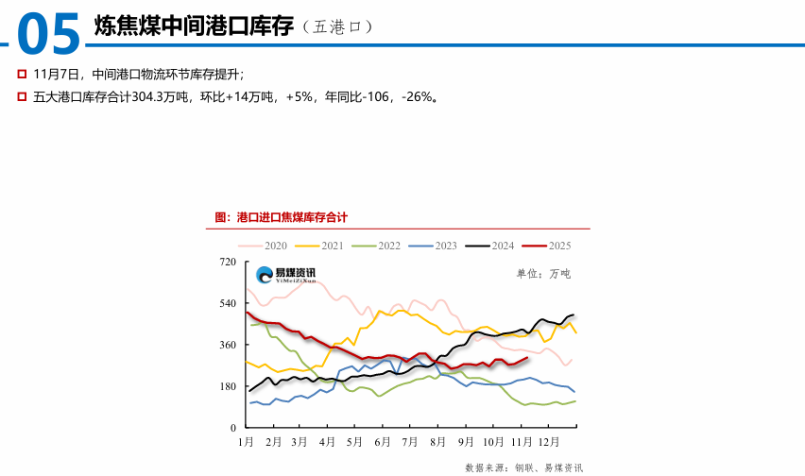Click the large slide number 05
pos(49,35)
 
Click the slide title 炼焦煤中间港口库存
pos(194,26)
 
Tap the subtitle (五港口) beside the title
pos(337,27)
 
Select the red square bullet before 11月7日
pos(22,74)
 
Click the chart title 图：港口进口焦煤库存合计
pos(282,217)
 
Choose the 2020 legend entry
pos(264,246)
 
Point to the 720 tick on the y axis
pos(227,262)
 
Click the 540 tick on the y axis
pos(227,303)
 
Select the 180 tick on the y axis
pos(227,386)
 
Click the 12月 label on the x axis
pos(549,441)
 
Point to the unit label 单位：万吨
pos(543,274)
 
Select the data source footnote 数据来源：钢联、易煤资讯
pos(524,467)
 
